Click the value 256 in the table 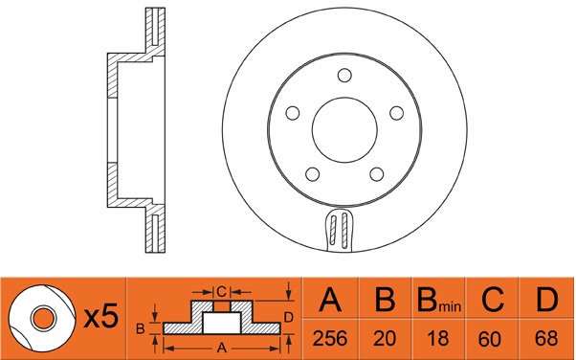pos(329,338)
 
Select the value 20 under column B pos(385,338)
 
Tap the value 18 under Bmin pos(438,338)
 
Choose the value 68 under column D pos(546,338)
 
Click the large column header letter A pos(330,299)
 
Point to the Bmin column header pos(439,300)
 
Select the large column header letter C pos(492,299)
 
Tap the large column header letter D pos(546,299)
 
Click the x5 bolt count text pos(101,316)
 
